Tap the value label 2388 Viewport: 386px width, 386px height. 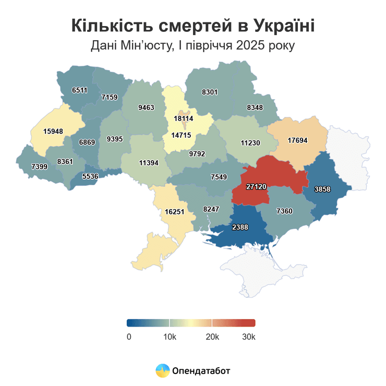[239, 227]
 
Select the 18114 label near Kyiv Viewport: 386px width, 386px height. [183, 118]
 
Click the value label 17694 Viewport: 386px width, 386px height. [298, 140]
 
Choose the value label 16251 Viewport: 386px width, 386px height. [175, 212]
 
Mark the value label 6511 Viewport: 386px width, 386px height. [80, 90]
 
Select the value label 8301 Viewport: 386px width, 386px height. [209, 92]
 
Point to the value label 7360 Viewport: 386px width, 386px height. [285, 210]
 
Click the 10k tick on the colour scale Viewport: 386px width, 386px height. [170, 336]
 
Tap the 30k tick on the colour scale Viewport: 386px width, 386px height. [248, 336]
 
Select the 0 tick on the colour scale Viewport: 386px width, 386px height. [129, 336]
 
